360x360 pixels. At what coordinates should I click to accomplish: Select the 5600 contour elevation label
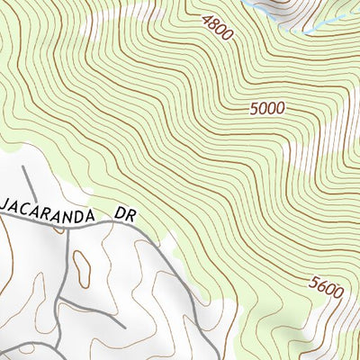[x=325, y=289]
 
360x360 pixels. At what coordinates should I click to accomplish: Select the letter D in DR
[x=119, y=215]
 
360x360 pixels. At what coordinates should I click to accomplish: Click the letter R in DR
[x=130, y=216]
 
